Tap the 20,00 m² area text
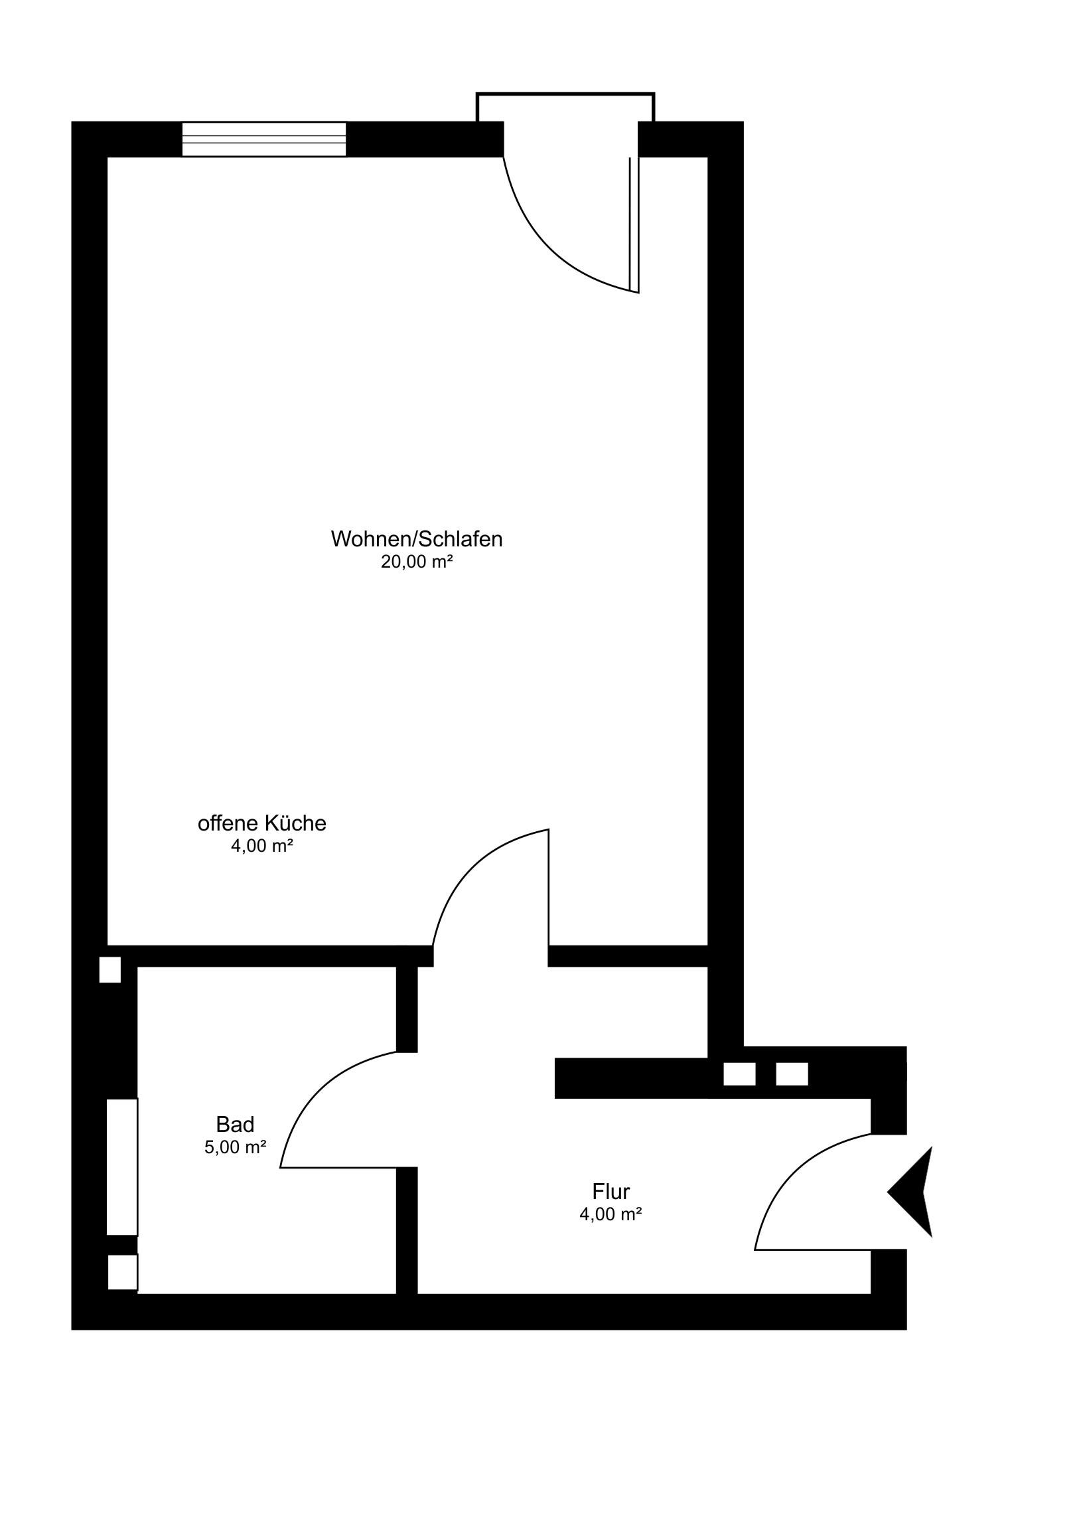click(x=417, y=562)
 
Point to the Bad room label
click(x=235, y=1124)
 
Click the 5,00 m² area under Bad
click(x=236, y=1147)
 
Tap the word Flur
click(x=611, y=1190)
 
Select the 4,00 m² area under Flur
click(x=611, y=1214)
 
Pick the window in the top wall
click(x=265, y=139)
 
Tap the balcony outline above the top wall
click(x=566, y=94)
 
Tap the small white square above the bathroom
click(x=110, y=970)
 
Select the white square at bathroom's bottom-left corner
click(x=123, y=1272)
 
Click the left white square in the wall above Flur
click(x=739, y=1074)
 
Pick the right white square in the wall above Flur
click(x=792, y=1074)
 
